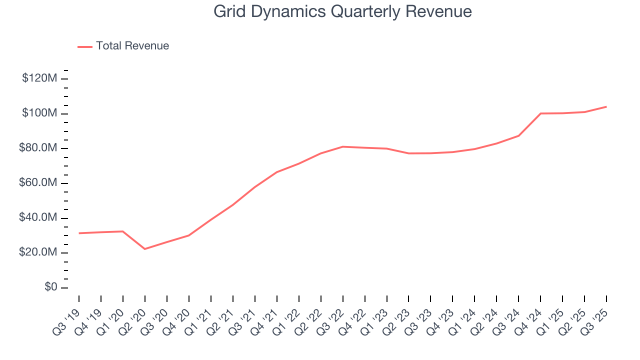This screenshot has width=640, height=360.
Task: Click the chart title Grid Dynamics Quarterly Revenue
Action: point(342,11)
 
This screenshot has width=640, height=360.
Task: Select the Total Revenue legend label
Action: point(132,46)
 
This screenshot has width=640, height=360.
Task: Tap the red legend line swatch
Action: point(85,46)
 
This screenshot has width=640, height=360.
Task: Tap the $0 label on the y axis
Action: point(50,287)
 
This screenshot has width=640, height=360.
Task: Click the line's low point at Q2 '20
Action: point(145,249)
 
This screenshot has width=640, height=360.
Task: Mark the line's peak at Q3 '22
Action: point(343,146)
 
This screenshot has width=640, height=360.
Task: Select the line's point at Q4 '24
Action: point(541,113)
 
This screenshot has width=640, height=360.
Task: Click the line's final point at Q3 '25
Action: point(606,106)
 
